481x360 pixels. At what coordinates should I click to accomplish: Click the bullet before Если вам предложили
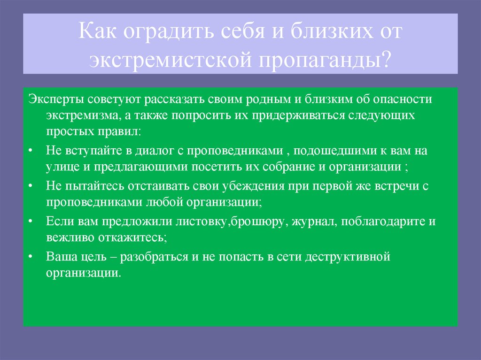point(31,221)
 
